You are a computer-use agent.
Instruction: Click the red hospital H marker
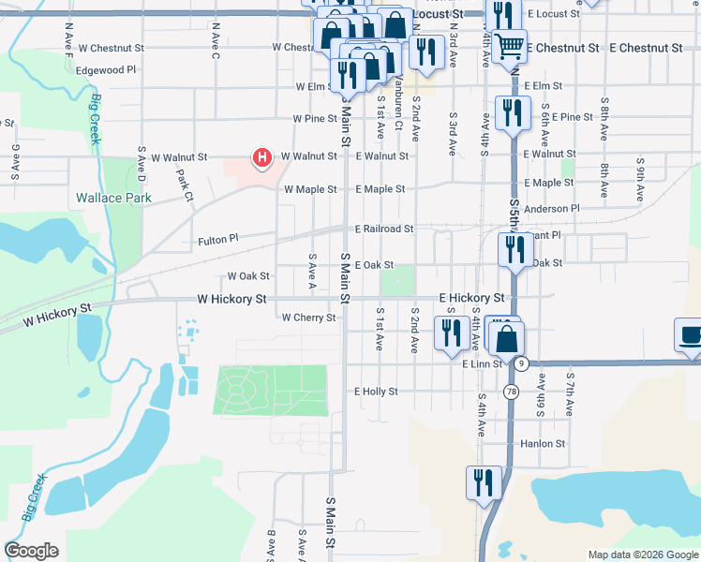[262, 157]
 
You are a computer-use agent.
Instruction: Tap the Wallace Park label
[112, 199]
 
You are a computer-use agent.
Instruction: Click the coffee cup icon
[691, 335]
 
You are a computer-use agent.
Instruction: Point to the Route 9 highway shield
[521, 362]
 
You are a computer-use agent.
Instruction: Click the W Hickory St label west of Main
[231, 299]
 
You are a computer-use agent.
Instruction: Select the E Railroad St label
[384, 229]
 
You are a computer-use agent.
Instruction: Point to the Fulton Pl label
[218, 239]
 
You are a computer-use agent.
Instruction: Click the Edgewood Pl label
[107, 69]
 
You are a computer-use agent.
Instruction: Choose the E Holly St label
[376, 392]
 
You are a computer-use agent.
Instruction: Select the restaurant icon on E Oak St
[515, 248]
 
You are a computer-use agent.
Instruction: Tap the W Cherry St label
[308, 318]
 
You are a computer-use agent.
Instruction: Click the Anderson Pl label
[553, 208]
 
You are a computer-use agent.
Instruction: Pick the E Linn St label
[483, 362]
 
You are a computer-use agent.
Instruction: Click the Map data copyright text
[642, 555]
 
